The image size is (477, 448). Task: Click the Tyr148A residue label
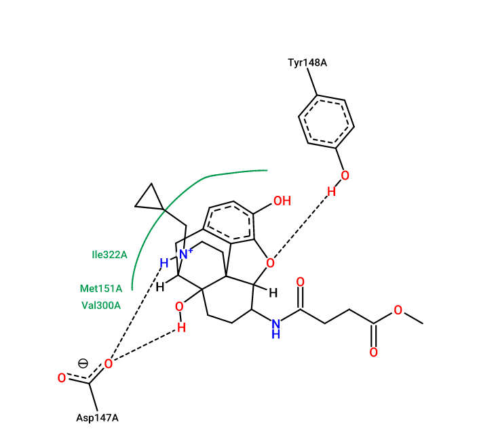307,62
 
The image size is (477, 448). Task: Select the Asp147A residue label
97,418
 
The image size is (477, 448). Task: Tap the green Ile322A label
109,255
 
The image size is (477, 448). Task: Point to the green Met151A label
101,289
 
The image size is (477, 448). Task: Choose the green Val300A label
101,305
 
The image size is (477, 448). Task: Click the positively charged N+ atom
185,253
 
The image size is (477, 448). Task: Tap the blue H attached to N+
164,263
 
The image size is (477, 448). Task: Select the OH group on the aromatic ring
282,201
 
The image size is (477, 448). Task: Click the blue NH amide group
276,329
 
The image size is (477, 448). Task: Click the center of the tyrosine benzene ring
326,122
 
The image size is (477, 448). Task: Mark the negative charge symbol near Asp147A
83,363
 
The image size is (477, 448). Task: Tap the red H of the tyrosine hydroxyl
331,192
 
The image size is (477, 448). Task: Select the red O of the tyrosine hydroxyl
345,176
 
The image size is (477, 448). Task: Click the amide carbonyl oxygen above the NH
301,282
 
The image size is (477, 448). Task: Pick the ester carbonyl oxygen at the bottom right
374,352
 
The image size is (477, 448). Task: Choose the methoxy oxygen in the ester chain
398,310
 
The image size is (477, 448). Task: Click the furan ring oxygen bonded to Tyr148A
270,263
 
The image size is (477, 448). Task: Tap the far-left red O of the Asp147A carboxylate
62,378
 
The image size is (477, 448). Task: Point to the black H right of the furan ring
273,293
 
